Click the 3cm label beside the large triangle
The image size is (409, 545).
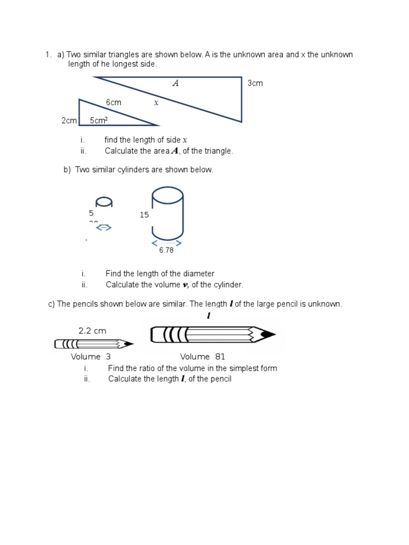click(255, 84)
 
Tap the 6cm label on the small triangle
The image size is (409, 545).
click(113, 102)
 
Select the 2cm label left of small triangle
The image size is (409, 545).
click(69, 121)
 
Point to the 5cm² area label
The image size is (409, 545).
click(99, 121)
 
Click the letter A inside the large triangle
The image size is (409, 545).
click(175, 83)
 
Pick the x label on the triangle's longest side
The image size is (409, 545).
click(156, 103)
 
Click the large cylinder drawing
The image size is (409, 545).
click(168, 213)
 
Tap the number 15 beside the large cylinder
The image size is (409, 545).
click(144, 215)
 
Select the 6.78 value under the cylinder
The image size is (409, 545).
click(166, 250)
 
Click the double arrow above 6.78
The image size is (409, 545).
click(167, 243)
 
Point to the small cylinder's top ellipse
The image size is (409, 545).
click(104, 201)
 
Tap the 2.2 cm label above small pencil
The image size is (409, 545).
click(92, 331)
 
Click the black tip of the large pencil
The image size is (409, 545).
click(269, 335)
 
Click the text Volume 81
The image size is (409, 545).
click(202, 357)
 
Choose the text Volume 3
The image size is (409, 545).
click(91, 357)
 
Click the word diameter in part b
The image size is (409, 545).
click(198, 274)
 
